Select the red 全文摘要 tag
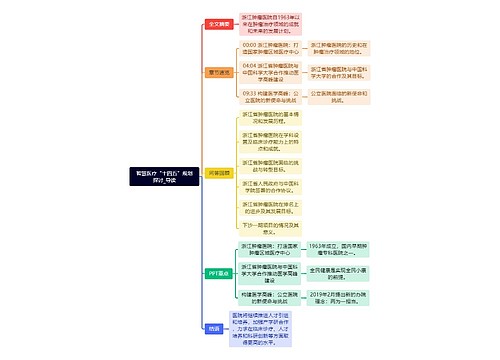click(x=219, y=23)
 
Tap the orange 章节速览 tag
click(x=219, y=72)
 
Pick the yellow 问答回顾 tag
click(x=219, y=172)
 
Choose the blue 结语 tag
click(x=214, y=327)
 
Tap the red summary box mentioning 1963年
click(x=269, y=23)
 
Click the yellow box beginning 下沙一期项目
click(x=269, y=228)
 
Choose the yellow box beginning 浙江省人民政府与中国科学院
click(x=269, y=186)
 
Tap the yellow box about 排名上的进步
click(x=269, y=207)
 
